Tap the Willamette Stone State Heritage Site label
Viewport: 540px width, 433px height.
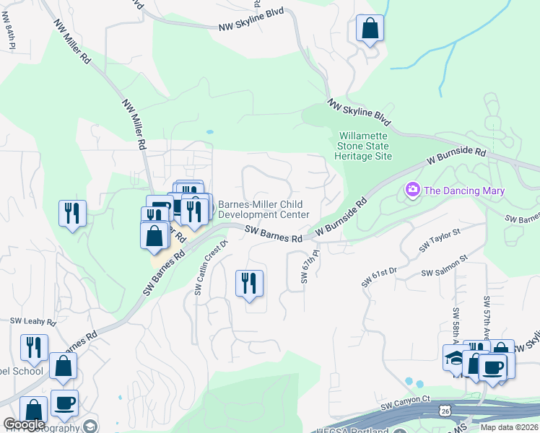pos(365,146)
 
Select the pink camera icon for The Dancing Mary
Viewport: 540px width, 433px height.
pos(413,190)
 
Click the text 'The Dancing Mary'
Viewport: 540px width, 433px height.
pos(463,191)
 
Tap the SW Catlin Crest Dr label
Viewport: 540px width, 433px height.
pos(211,267)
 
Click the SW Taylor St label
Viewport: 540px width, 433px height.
pos(440,241)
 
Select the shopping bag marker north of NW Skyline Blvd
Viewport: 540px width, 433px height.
pos(370,30)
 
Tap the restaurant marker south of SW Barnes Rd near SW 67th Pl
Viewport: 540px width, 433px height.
pos(249,282)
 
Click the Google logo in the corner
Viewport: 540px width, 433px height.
pos(24,424)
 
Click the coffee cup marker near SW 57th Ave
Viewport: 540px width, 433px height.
pos(493,367)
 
